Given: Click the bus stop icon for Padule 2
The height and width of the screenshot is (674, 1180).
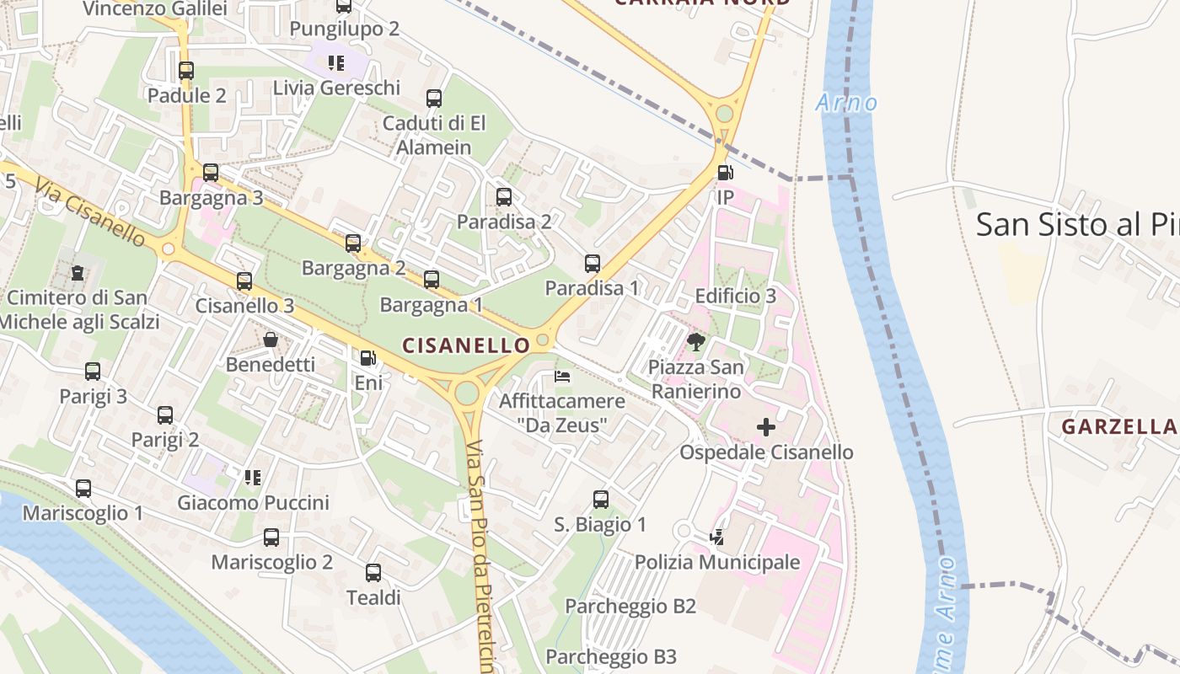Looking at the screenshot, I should (x=186, y=71).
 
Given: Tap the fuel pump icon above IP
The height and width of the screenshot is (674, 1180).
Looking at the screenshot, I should (x=725, y=173).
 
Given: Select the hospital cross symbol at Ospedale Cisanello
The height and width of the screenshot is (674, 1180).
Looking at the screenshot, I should (x=765, y=427).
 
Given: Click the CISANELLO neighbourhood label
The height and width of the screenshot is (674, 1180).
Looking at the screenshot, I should (x=466, y=345).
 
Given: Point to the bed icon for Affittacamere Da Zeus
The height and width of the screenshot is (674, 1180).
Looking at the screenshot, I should (x=562, y=376).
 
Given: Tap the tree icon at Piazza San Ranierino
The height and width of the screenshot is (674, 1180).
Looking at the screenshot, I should (x=696, y=341).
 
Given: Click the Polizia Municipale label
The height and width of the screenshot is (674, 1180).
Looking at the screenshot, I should (x=716, y=562).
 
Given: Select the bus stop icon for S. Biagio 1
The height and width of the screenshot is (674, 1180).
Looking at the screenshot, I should (x=600, y=500).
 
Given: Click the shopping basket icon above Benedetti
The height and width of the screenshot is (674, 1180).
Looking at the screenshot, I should (x=271, y=340).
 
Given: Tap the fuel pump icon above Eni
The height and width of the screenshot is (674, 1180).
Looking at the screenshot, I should (x=367, y=358).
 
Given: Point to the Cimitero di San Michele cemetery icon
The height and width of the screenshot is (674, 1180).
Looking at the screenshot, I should (x=78, y=272).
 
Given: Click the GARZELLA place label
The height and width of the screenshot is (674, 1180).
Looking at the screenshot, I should (x=1119, y=427).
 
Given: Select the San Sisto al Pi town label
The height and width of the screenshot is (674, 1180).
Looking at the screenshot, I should (x=1077, y=225).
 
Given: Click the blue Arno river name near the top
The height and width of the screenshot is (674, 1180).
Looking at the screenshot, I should (x=846, y=104).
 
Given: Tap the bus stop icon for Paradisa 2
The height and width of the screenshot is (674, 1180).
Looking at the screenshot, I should (x=504, y=197).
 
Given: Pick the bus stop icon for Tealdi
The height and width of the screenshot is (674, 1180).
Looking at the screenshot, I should (x=373, y=573).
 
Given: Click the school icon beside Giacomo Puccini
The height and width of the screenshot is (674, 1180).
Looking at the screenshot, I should (x=252, y=478).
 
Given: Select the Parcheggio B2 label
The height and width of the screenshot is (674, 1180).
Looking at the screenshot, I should (x=630, y=606).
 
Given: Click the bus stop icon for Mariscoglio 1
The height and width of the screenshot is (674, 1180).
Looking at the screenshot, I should (x=83, y=489).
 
